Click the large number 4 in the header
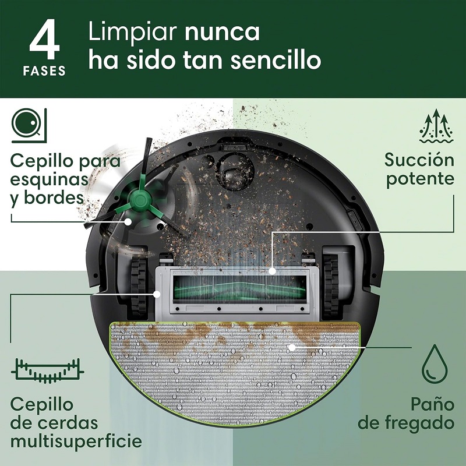[45, 39]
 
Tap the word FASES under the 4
[45, 71]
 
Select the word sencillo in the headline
[276, 60]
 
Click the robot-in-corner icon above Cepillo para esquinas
[29, 125]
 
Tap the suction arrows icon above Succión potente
[436, 126]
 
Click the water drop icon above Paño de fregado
[435, 363]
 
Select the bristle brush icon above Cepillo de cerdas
[48, 371]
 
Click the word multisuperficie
[76, 442]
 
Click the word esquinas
[50, 180]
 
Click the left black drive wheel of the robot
[139, 286]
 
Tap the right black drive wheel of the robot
[331, 285]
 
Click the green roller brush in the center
[239, 290]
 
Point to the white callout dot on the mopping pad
[292, 347]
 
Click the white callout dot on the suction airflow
[271, 271]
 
